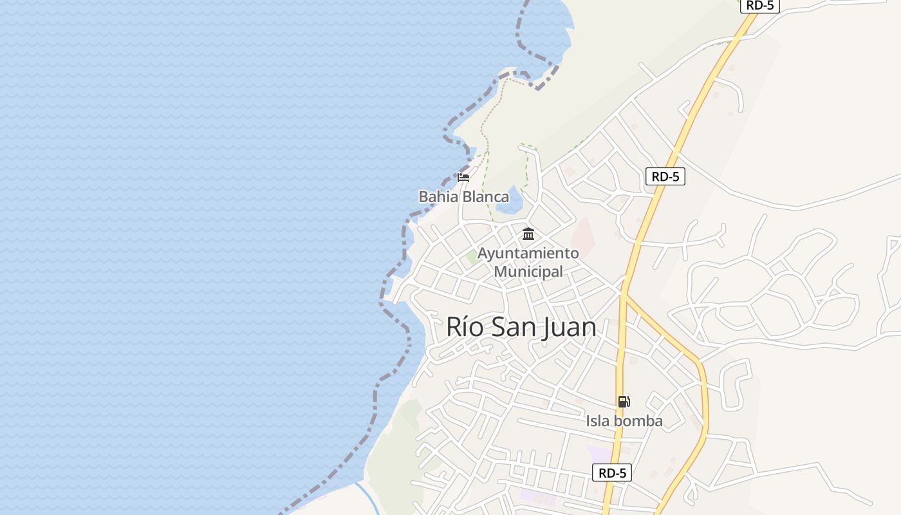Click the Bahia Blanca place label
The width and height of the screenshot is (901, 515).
[x=463, y=196]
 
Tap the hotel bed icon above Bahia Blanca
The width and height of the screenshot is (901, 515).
[x=463, y=177]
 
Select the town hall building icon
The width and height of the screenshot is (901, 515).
[x=528, y=234]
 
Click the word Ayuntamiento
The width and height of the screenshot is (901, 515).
[x=528, y=253]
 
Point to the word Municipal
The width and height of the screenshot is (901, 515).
[x=528, y=272]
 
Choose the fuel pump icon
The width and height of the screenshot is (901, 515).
[x=624, y=402]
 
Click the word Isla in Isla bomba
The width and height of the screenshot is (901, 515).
[x=598, y=421]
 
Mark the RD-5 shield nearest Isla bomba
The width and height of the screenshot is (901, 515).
[x=612, y=473]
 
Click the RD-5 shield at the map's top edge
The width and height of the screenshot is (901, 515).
[x=760, y=5]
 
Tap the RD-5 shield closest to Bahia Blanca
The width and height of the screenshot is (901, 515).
[x=665, y=176]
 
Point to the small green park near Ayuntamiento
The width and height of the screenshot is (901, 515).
[x=472, y=257]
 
